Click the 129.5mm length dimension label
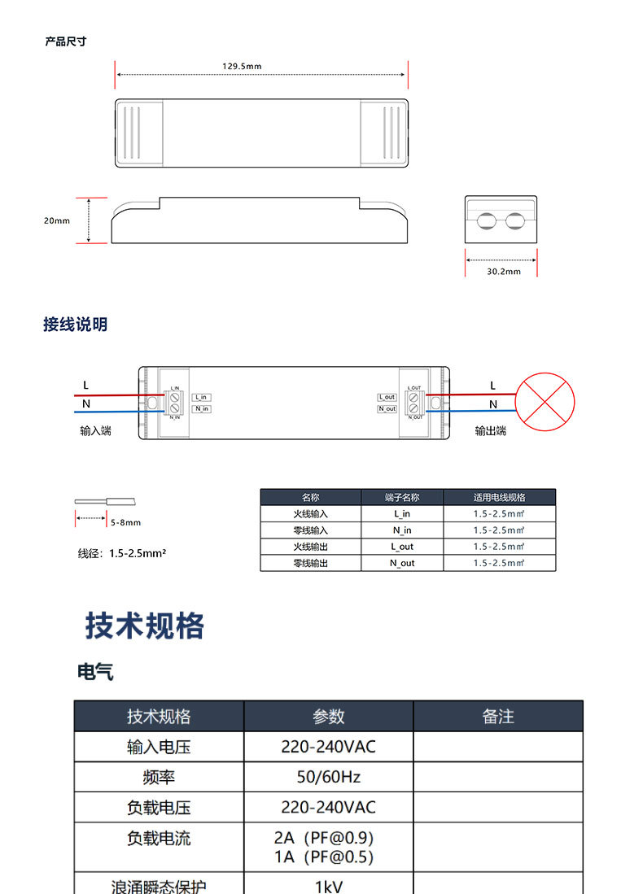(242, 66)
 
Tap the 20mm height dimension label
(57, 220)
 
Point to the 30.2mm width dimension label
(503, 272)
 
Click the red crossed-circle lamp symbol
(547, 402)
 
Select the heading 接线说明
(75, 325)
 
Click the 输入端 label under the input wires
(95, 430)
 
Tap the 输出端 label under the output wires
(491, 430)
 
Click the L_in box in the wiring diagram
(202, 397)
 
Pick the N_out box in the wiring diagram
(387, 408)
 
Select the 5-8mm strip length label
(125, 522)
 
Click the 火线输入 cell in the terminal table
(310, 514)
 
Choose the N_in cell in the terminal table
(402, 530)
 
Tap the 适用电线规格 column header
(499, 497)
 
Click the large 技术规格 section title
(145, 626)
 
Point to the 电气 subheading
(95, 672)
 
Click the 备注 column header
(498, 716)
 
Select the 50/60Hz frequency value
(328, 777)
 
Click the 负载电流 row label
(159, 838)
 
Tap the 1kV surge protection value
(328, 886)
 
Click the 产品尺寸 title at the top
(65, 41)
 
